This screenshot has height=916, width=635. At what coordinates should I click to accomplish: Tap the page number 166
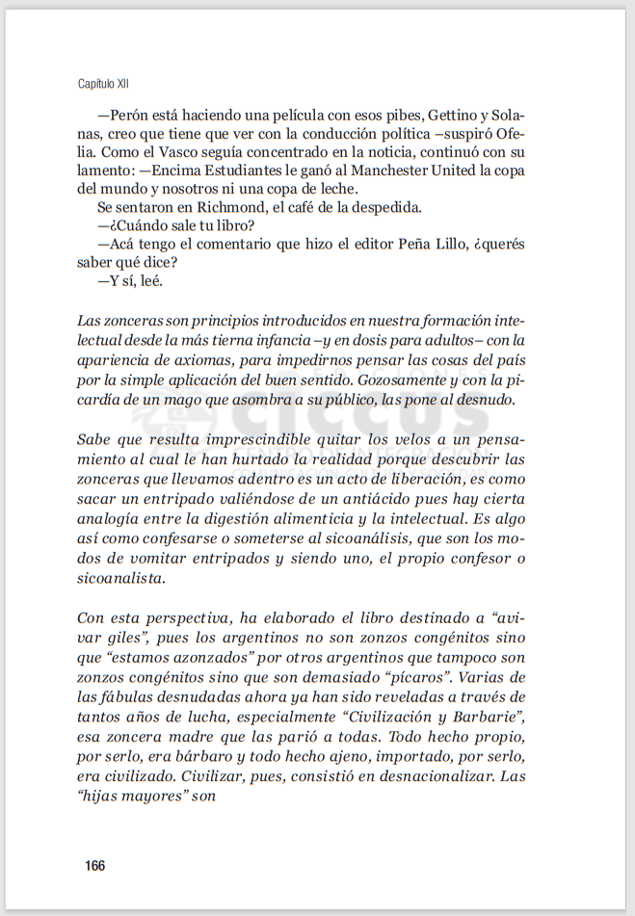point(94,866)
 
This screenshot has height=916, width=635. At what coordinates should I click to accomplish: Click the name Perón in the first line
point(128,113)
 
